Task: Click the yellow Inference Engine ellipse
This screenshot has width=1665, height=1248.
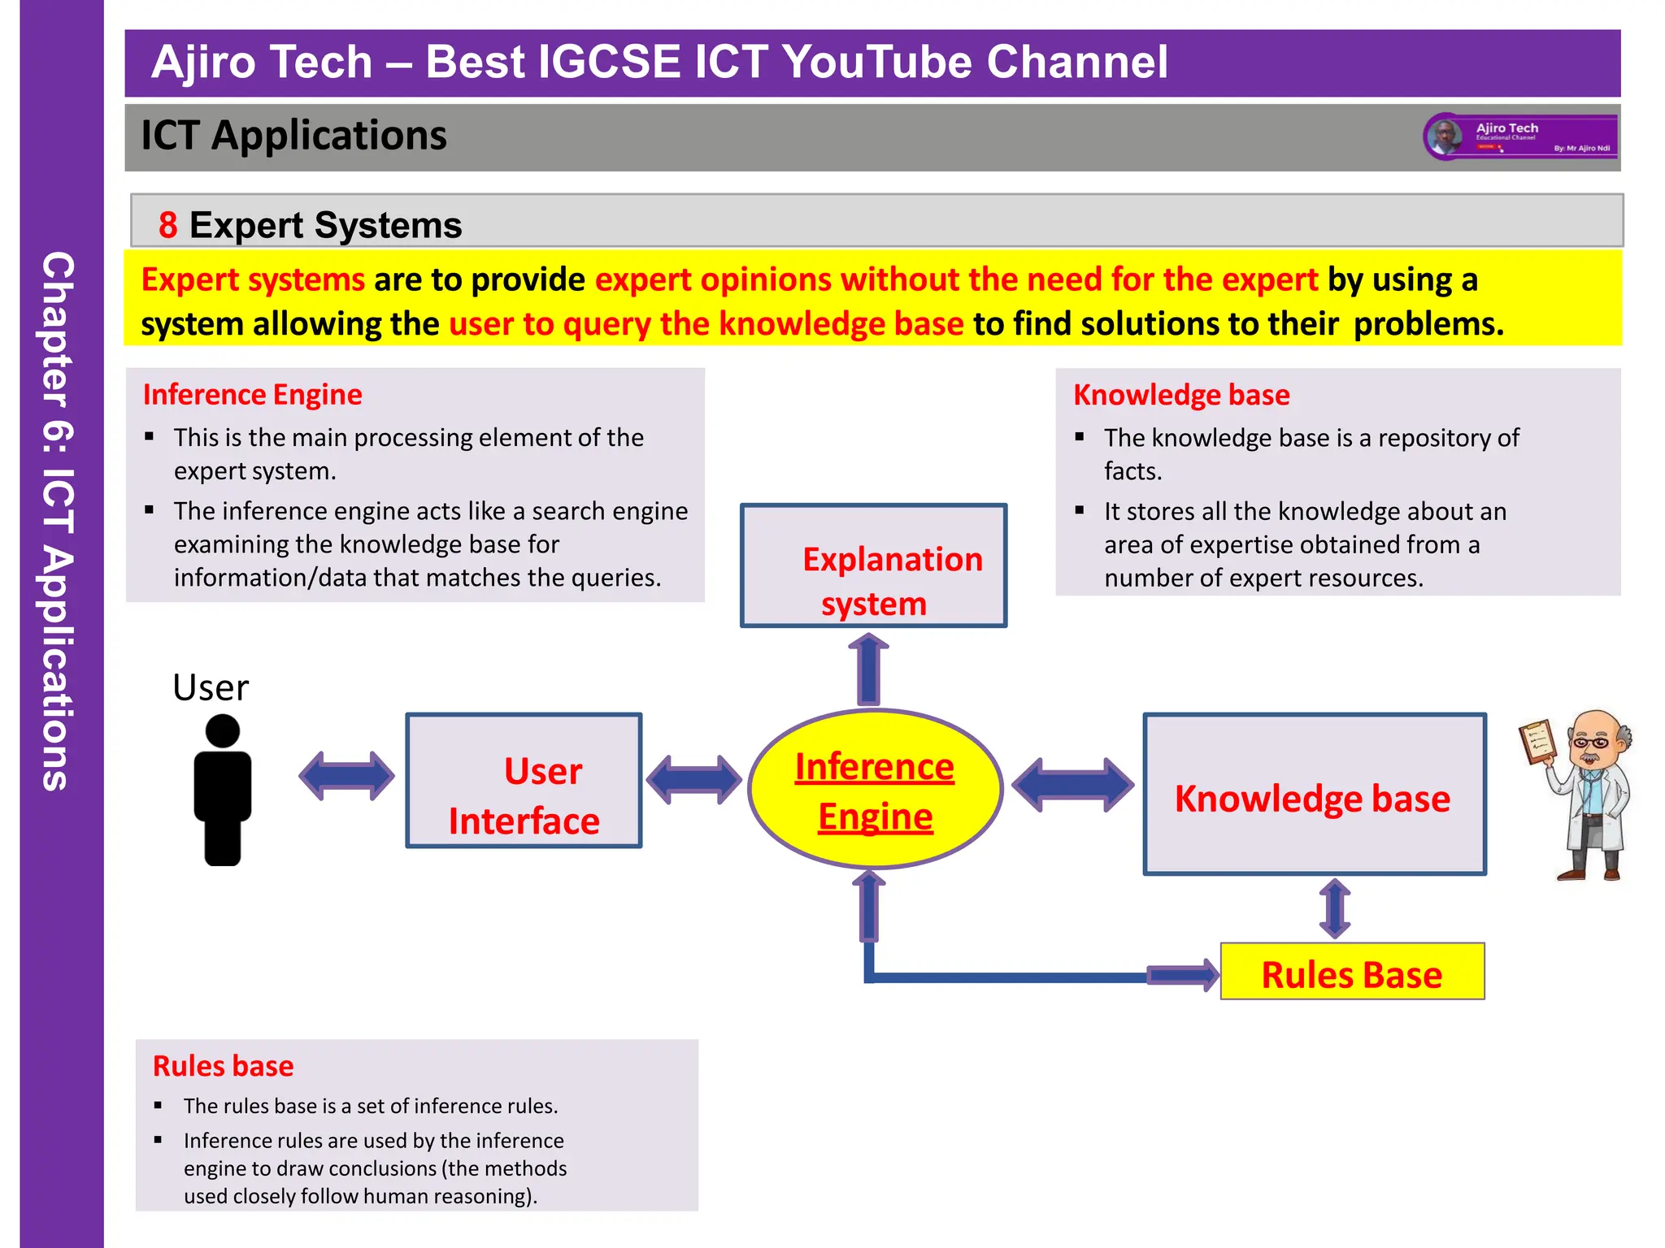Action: (875, 789)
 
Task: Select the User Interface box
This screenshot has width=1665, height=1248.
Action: (524, 781)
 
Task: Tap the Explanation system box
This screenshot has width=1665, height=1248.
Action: (873, 565)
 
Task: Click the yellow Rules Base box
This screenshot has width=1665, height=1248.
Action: (1351, 972)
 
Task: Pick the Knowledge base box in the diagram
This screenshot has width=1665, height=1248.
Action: (1314, 795)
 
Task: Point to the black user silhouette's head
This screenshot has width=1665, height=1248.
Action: (222, 730)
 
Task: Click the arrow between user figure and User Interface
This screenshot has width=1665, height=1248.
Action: (346, 776)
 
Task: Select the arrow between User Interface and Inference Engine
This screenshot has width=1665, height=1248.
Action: (693, 780)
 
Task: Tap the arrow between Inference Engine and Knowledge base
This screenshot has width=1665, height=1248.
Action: (1072, 785)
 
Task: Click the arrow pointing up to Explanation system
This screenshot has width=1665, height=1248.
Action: (868, 670)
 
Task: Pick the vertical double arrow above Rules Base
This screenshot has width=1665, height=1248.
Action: (1335, 908)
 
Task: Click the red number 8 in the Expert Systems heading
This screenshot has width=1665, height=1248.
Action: (167, 225)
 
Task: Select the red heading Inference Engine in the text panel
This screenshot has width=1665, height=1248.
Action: (252, 395)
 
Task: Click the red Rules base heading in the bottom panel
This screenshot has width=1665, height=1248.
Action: (223, 1066)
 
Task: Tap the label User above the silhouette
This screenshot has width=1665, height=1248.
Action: (211, 688)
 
